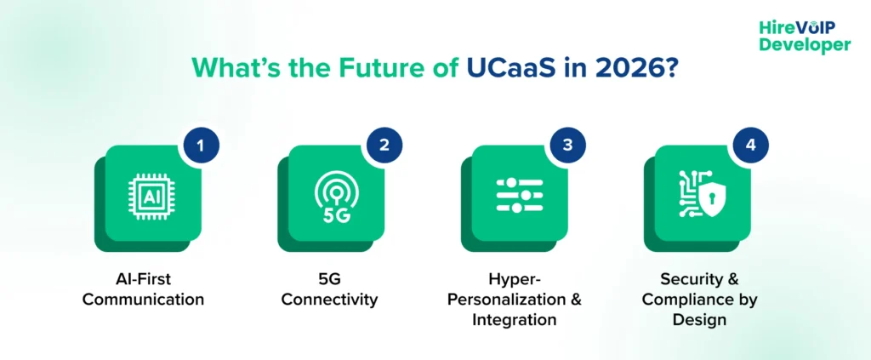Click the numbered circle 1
(x=201, y=145)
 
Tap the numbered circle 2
(x=384, y=145)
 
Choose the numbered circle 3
(x=567, y=145)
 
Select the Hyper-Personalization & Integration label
(x=515, y=300)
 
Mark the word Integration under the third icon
(x=515, y=320)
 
